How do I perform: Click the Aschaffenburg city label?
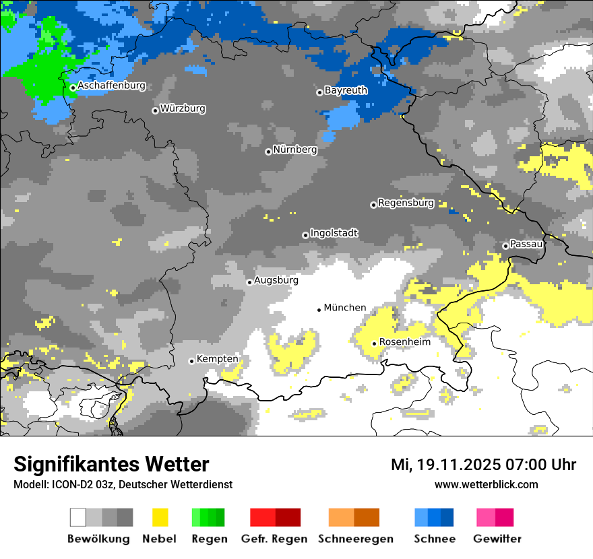[x=111, y=86]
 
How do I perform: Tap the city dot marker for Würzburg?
[x=155, y=110]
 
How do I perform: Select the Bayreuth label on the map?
[x=346, y=90]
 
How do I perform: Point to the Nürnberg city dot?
[x=268, y=152]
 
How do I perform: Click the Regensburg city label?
[x=406, y=203]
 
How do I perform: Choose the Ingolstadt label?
[x=334, y=233]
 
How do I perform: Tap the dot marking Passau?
[x=505, y=246]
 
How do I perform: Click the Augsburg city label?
[x=276, y=280]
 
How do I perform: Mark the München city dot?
[x=319, y=310]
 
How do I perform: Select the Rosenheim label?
[x=404, y=342]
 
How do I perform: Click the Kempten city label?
[x=217, y=359]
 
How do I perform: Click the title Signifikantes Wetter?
[x=111, y=465]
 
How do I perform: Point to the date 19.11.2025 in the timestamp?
[x=456, y=465]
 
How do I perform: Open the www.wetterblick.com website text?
[x=486, y=484]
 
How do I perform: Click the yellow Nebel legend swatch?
[x=160, y=517]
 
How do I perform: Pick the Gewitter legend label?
[x=497, y=539]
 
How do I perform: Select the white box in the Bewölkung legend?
[x=78, y=517]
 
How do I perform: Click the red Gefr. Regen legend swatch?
[x=262, y=517]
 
